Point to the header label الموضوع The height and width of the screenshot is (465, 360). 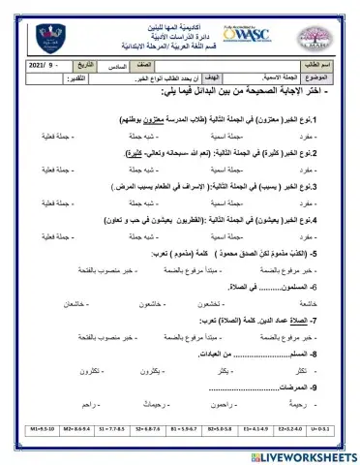[326, 100]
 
